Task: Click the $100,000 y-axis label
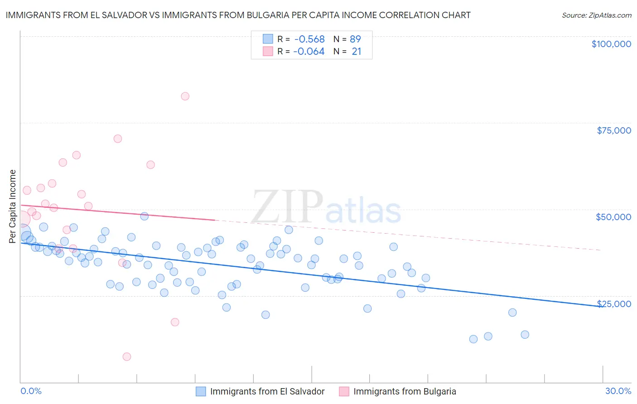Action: tap(611, 44)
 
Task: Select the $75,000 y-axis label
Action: tap(614, 130)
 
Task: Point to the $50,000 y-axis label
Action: tap(613, 217)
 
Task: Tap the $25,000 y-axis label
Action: tap(614, 303)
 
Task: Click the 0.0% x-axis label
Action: tap(31, 391)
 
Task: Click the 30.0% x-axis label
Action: tap(618, 391)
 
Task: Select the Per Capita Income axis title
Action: tap(13, 207)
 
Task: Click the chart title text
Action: tap(238, 15)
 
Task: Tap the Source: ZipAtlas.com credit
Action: tap(596, 15)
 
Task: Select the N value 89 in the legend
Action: tap(355, 39)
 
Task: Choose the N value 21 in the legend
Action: tap(357, 52)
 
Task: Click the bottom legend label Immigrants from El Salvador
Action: tap(267, 391)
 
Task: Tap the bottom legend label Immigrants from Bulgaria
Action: tap(405, 391)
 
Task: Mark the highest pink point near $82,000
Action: tap(185, 96)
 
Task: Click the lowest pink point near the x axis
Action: tap(127, 357)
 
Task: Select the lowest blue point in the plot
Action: tap(473, 339)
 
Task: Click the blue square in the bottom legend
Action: tap(201, 391)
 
